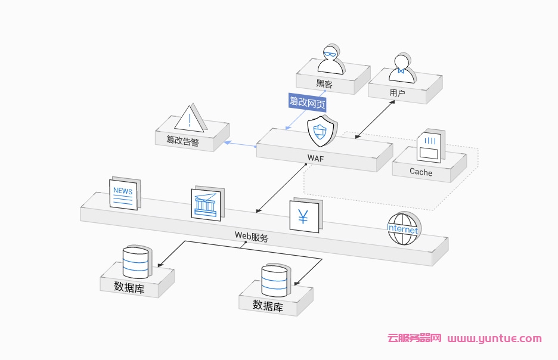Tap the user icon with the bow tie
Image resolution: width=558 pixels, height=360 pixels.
click(x=402, y=67)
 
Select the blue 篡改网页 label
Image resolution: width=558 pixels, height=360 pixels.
click(x=308, y=102)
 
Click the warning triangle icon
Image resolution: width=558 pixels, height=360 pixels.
click(x=190, y=118)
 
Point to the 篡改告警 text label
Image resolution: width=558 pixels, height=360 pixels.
click(x=183, y=141)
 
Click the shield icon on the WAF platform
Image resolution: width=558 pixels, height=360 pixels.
click(x=320, y=131)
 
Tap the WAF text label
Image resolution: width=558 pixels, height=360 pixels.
click(x=315, y=158)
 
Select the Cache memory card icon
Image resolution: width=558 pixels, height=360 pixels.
click(x=429, y=147)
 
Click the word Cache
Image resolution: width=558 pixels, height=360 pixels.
click(x=421, y=172)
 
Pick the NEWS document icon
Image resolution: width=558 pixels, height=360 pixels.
click(x=123, y=193)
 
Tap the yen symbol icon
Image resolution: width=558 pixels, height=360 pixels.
click(x=303, y=216)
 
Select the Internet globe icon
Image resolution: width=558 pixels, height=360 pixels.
click(x=403, y=229)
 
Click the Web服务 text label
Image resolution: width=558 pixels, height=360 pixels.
click(x=251, y=236)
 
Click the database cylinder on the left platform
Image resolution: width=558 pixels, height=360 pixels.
click(x=135, y=262)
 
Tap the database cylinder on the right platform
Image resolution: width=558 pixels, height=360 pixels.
click(x=274, y=280)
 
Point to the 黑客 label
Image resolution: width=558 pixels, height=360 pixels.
click(x=324, y=85)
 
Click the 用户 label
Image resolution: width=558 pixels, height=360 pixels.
click(x=397, y=93)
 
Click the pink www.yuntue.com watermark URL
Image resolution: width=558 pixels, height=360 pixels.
click(x=494, y=339)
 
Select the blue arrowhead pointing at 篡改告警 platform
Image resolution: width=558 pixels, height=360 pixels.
click(x=227, y=142)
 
